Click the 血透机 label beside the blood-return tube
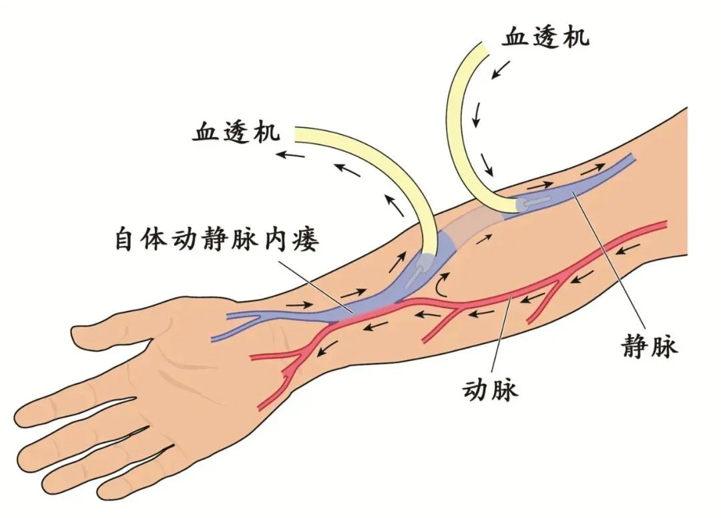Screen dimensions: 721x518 (545, 37)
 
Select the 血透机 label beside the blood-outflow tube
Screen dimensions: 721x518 (236, 132)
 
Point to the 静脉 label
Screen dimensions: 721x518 (650, 346)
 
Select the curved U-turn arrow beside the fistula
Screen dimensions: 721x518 (443, 283)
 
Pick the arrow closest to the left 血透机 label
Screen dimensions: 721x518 (290, 154)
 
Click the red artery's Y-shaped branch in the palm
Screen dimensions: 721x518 (294, 354)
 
